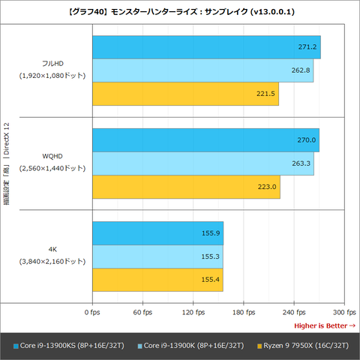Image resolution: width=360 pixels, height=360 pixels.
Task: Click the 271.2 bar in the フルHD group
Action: [205, 47]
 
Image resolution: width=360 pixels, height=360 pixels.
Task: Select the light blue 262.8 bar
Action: [202, 70]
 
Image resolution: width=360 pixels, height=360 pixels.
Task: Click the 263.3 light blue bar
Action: [202, 163]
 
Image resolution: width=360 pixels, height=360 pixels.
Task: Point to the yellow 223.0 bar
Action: [185, 187]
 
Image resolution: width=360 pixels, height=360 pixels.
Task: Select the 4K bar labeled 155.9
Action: [157, 233]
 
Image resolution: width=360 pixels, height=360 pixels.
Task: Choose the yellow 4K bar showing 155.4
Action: [157, 280]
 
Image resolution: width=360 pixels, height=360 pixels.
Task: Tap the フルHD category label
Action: [52, 64]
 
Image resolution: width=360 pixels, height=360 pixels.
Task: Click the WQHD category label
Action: [52, 157]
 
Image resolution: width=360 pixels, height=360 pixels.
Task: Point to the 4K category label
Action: [52, 250]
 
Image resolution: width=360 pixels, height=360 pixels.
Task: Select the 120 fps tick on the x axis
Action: [193, 312]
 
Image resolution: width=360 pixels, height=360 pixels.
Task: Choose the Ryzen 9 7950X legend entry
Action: [301, 346]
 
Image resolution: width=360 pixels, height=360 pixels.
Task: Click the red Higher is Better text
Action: [325, 325]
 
